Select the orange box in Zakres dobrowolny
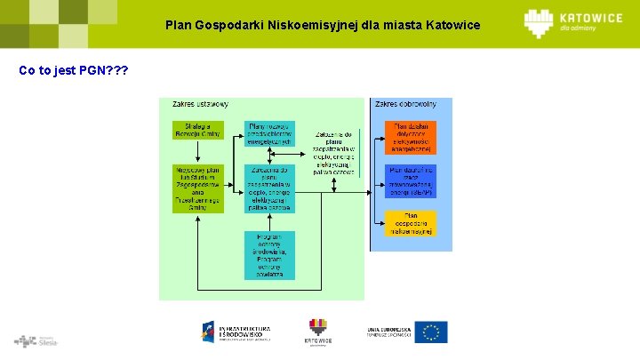point(410,139)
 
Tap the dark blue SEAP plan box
point(410,180)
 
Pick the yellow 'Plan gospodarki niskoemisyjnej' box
point(410,223)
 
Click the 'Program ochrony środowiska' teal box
point(269,255)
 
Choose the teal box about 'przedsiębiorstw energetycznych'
point(269,133)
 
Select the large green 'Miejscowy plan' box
point(196,188)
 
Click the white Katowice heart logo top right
point(540,23)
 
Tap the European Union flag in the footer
point(431,332)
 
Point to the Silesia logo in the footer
point(36,340)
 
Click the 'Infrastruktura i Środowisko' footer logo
point(236,332)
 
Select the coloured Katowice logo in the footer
point(318,331)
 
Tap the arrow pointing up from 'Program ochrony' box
point(269,222)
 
